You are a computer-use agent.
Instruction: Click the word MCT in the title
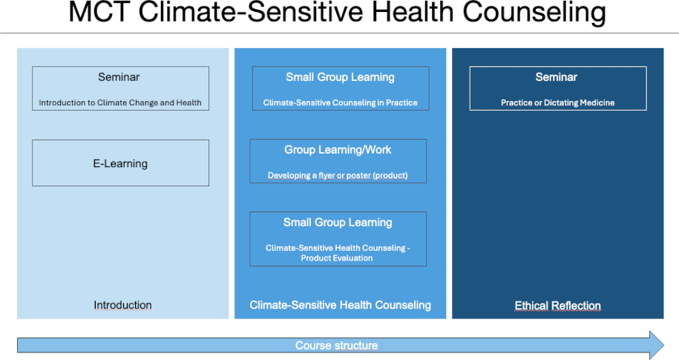coord(99,12)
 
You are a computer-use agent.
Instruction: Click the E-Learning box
coord(120,163)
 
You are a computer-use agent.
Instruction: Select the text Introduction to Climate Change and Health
coord(120,102)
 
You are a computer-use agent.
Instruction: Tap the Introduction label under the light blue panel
coord(122,305)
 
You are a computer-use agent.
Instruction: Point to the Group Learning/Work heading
coord(338,150)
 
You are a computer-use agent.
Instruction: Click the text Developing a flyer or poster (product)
coord(338,175)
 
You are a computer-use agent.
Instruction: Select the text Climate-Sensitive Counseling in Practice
coord(341,102)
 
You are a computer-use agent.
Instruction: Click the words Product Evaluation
coord(337,258)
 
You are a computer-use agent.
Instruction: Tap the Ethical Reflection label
coord(558,305)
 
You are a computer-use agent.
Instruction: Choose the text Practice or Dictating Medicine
coord(558,102)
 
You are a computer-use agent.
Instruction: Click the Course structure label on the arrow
coord(336,345)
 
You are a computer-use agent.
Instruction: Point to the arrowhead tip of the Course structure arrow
coord(664,345)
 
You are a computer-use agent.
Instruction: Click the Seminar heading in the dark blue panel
coord(557,77)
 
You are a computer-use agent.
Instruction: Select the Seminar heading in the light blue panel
coord(119,77)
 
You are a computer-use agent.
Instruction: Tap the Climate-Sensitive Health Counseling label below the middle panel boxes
coord(341,305)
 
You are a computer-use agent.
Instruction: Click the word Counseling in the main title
coord(534,13)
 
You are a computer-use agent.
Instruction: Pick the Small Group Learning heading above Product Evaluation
coord(338,223)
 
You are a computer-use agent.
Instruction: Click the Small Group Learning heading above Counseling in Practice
coord(341,77)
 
